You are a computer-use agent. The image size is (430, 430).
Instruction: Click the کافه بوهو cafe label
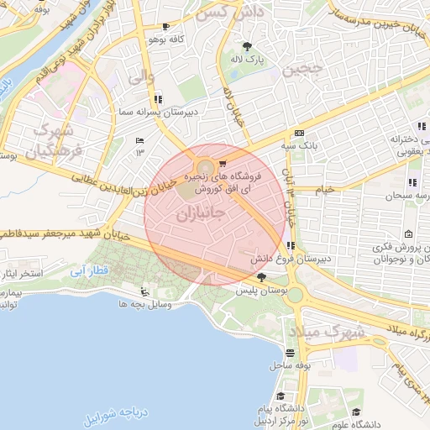[x=165, y=39]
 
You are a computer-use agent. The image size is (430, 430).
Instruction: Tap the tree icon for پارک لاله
[x=247, y=46]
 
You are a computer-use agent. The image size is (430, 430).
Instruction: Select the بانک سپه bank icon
[x=299, y=134]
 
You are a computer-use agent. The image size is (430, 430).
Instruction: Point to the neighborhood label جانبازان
[x=201, y=214]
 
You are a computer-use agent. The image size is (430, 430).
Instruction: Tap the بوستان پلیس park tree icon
[x=261, y=277]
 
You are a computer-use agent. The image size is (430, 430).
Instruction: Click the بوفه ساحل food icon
[x=291, y=354]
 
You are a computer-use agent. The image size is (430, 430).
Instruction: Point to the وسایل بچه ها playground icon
[x=146, y=292]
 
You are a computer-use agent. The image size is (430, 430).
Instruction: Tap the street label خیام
[x=324, y=189]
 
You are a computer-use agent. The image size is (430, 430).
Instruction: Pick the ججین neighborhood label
[x=302, y=71]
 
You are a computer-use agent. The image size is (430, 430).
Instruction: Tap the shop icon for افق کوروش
[x=222, y=164]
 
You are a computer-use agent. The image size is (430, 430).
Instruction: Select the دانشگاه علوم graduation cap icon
[x=356, y=412]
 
